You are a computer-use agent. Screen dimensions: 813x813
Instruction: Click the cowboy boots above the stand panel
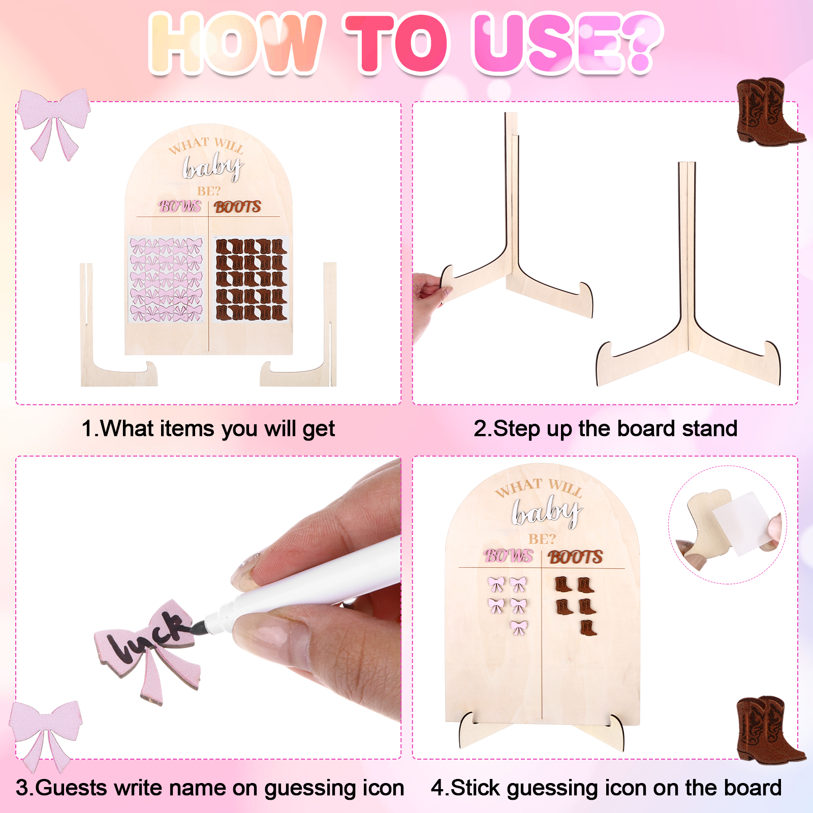pyautogui.click(x=768, y=112)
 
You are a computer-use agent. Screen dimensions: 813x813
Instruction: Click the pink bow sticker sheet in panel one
pyautogui.click(x=166, y=279)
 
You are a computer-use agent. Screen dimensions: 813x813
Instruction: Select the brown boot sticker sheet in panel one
pyautogui.click(x=251, y=279)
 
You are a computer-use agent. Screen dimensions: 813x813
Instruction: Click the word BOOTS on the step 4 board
pyautogui.click(x=575, y=557)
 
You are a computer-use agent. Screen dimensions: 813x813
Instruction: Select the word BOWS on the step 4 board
pyautogui.click(x=509, y=556)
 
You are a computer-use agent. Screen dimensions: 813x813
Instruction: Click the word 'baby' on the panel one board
pyautogui.click(x=212, y=166)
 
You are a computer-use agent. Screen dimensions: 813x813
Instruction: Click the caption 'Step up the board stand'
pyautogui.click(x=605, y=428)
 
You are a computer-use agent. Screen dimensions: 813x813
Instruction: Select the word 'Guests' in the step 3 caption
pyautogui.click(x=72, y=788)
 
